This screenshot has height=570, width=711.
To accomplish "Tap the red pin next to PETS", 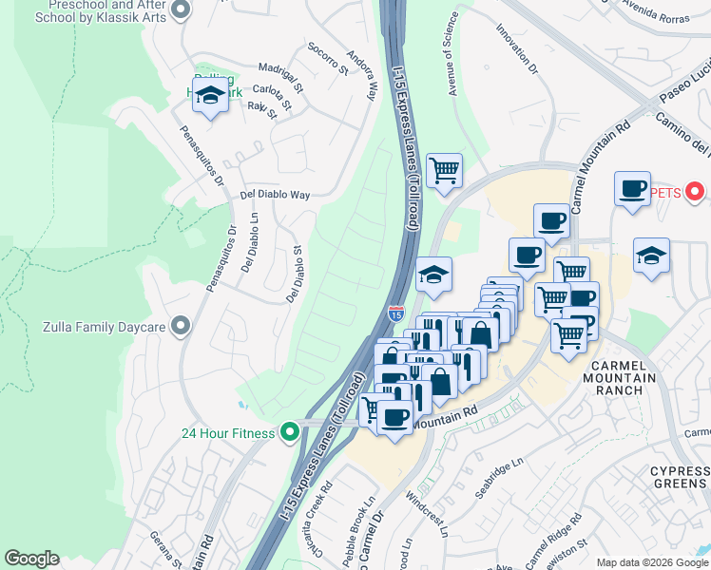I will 695,193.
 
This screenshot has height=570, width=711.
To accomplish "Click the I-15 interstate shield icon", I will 396,312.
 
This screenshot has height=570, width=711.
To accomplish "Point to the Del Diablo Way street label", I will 276,195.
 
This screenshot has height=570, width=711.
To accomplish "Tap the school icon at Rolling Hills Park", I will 209,96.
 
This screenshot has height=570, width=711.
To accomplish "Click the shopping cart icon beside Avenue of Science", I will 444,171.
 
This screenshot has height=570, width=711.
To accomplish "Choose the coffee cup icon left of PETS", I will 631,188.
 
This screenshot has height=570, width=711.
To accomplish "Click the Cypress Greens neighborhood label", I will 680,479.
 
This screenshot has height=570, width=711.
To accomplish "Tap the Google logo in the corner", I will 31,559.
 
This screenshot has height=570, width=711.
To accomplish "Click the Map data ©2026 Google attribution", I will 652,562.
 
